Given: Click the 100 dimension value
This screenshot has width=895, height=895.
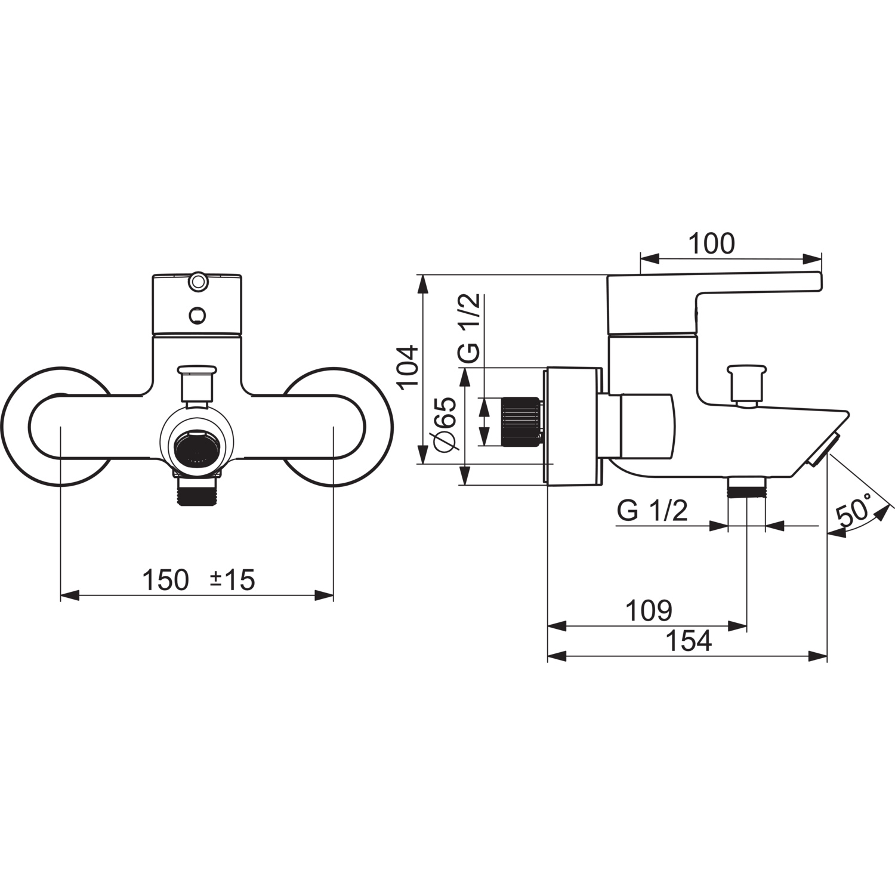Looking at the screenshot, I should coord(712,243).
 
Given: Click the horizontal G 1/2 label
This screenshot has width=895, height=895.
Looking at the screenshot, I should coord(652,511).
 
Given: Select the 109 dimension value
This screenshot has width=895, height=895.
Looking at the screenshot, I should coord(649,610).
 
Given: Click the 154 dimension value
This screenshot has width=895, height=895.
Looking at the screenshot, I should coord(689,641).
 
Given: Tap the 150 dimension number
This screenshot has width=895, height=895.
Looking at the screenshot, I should coord(165,580).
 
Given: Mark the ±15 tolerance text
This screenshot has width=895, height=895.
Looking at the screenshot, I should coord(233,580).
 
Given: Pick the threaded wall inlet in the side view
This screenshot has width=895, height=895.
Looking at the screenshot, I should coord(521,421).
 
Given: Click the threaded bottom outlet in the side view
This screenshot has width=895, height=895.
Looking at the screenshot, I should coord(746,487).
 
